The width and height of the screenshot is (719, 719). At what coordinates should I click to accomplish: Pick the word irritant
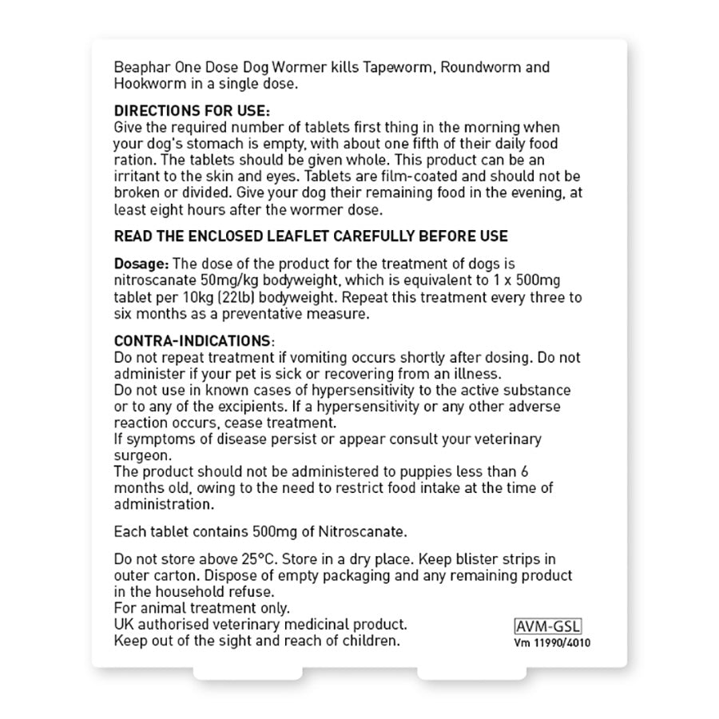click(138, 176)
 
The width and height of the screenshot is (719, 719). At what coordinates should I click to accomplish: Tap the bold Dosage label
click(141, 264)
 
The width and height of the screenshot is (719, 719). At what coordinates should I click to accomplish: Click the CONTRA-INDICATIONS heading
click(193, 340)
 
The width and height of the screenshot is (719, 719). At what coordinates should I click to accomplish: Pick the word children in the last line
click(370, 641)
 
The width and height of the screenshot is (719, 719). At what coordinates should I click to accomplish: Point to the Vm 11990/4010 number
click(554, 642)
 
